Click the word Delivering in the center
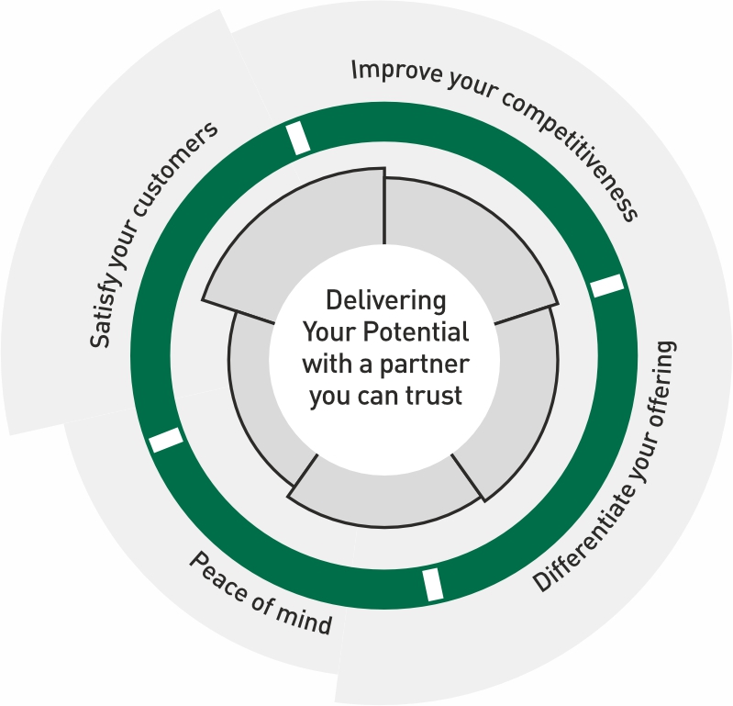(x=386, y=301)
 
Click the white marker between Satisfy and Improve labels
(x=297, y=138)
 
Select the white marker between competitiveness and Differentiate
(x=606, y=286)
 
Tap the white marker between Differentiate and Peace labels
(x=433, y=584)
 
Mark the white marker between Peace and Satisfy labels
(x=166, y=441)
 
